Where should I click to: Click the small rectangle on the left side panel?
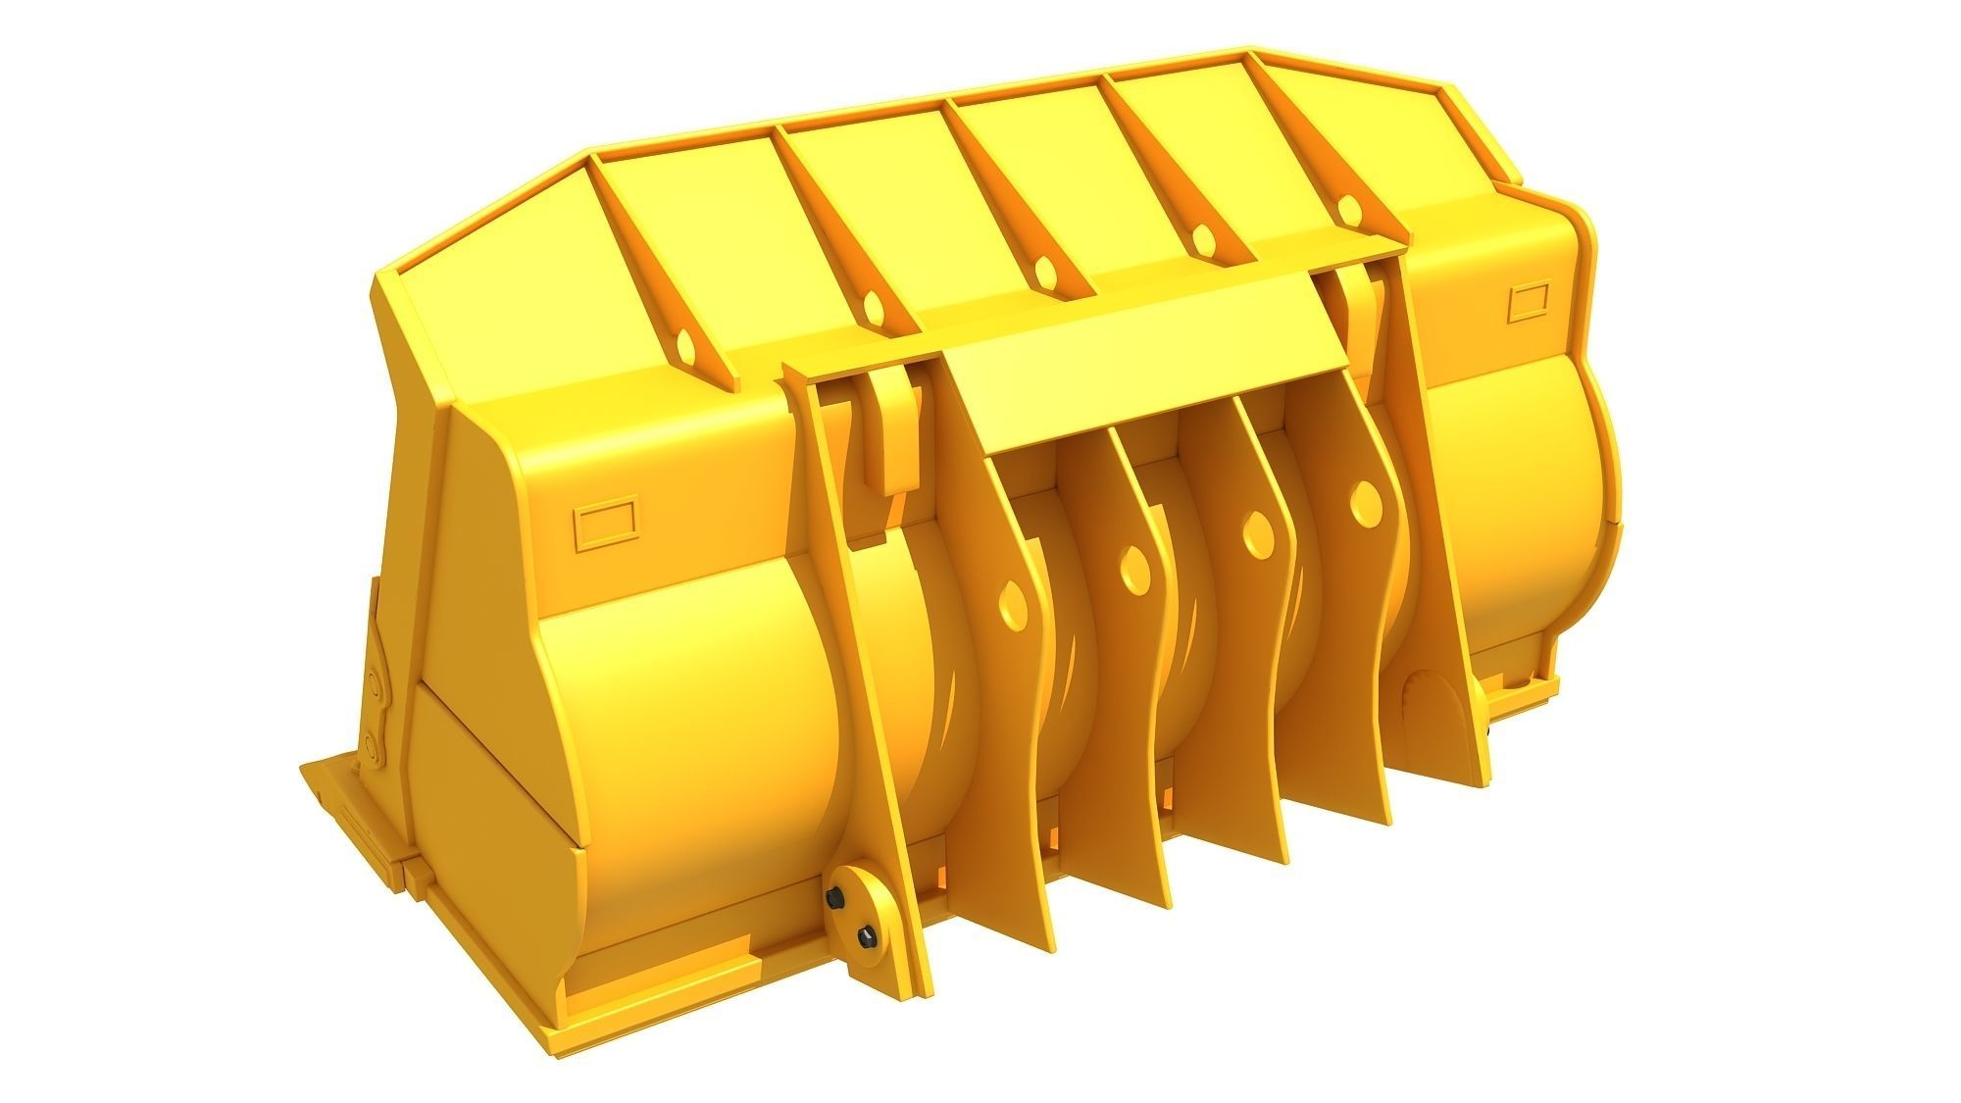tap(604, 525)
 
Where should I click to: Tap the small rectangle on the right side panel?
tap(1527, 302)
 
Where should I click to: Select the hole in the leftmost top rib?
tap(686, 346)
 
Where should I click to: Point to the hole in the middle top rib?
tap(1043, 274)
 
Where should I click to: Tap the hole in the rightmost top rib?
tap(1351, 209)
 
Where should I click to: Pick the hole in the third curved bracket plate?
tap(1254, 535)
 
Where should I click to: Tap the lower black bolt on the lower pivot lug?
tap(866, 939)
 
